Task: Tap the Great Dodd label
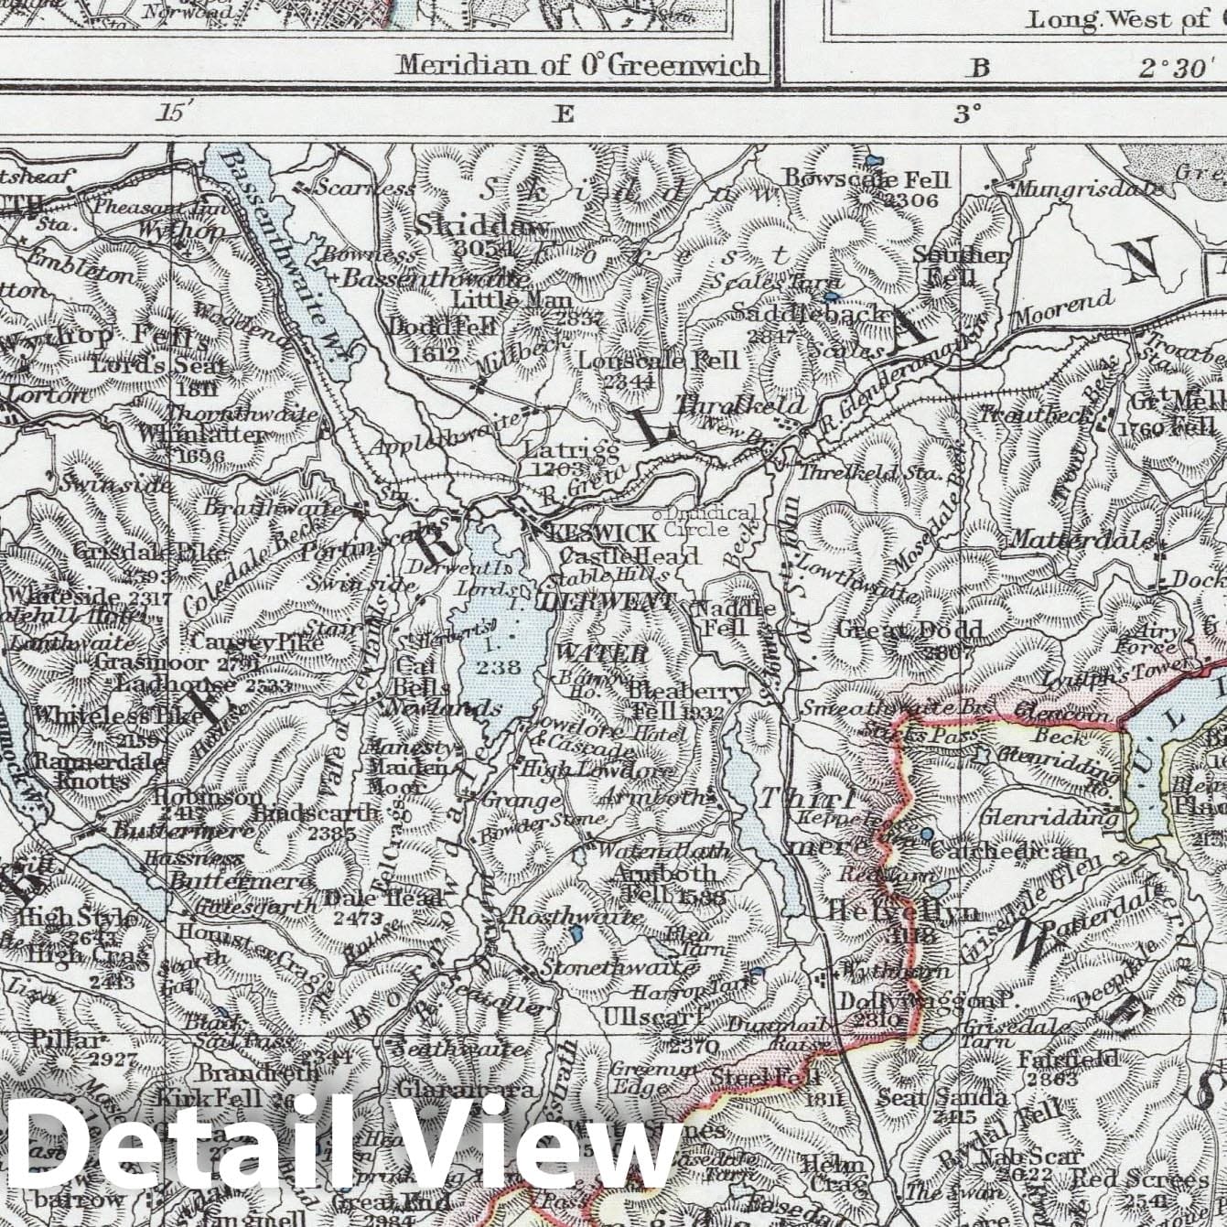click(909, 630)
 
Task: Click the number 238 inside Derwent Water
click(500, 667)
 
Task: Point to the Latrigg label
click(572, 449)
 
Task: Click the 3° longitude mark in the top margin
click(967, 113)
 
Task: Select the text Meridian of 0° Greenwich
click(579, 65)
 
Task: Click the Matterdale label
click(1080, 540)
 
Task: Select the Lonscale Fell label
click(657, 360)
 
